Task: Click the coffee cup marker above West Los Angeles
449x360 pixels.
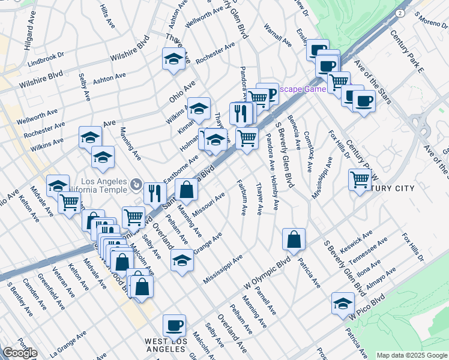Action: click(174, 325)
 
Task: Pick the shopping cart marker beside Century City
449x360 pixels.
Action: click(360, 179)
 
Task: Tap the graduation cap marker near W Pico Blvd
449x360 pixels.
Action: click(343, 302)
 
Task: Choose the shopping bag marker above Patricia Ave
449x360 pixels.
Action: click(294, 239)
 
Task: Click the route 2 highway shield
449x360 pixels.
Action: click(400, 12)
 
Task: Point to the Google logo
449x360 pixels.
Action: click(20, 353)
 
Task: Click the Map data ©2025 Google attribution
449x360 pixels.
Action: click(412, 355)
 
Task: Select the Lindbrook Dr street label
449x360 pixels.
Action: click(46, 61)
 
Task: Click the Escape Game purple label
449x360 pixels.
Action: click(304, 89)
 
